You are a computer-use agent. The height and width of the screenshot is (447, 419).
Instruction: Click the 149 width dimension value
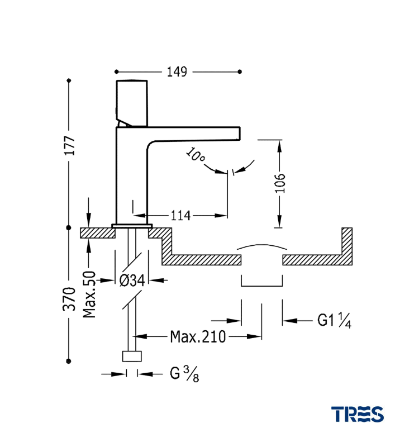177,72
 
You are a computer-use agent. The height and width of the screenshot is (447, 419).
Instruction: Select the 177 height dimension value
69,146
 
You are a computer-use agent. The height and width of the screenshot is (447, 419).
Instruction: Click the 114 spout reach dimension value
180,215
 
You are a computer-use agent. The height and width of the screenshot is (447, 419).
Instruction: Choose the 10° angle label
195,155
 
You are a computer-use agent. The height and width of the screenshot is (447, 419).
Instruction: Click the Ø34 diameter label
132,280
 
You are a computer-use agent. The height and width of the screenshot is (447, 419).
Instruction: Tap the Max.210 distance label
198,336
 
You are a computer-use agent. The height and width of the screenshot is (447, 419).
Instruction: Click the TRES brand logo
358,414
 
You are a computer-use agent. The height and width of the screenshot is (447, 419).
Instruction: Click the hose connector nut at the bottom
132,357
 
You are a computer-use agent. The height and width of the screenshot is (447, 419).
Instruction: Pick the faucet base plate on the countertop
132,226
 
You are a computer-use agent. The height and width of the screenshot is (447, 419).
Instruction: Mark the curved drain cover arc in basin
262,246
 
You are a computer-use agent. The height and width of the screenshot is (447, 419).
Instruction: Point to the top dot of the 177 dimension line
69,80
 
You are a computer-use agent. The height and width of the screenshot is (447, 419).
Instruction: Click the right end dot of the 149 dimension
240,72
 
